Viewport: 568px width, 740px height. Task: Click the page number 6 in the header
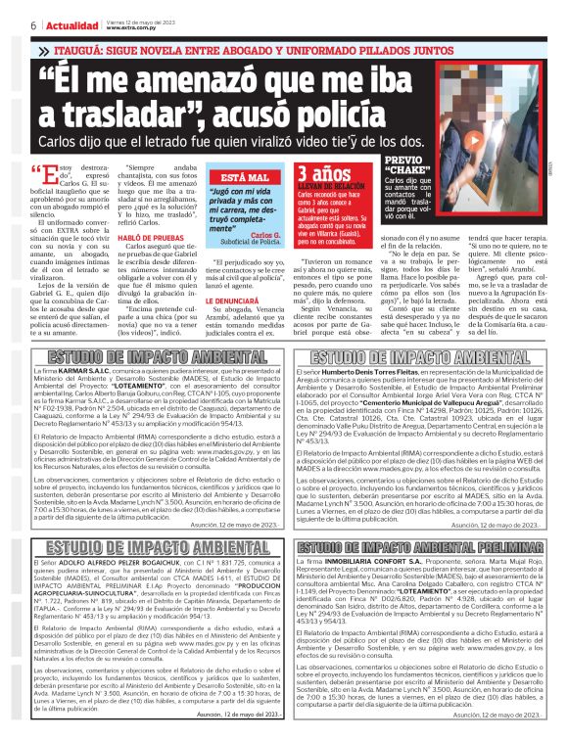pos(8,24)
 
